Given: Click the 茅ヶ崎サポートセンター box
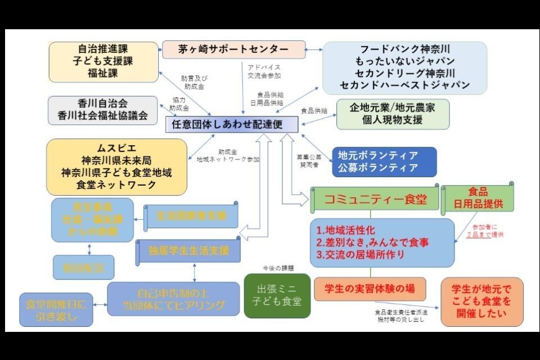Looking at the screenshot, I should [233, 49].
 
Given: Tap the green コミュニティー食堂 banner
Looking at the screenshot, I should [374, 200].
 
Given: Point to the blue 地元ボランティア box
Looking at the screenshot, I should [377, 161].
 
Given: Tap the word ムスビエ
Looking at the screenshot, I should [116, 148].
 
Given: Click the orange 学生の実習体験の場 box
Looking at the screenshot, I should [370, 289].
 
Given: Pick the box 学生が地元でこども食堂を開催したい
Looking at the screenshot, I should [481, 301].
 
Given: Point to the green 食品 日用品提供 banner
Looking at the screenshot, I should [478, 198].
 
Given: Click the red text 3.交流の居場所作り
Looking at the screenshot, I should [368, 255].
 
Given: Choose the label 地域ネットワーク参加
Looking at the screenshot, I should [228, 160].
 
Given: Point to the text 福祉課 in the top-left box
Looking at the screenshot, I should [103, 73].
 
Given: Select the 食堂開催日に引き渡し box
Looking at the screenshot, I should [56, 310].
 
